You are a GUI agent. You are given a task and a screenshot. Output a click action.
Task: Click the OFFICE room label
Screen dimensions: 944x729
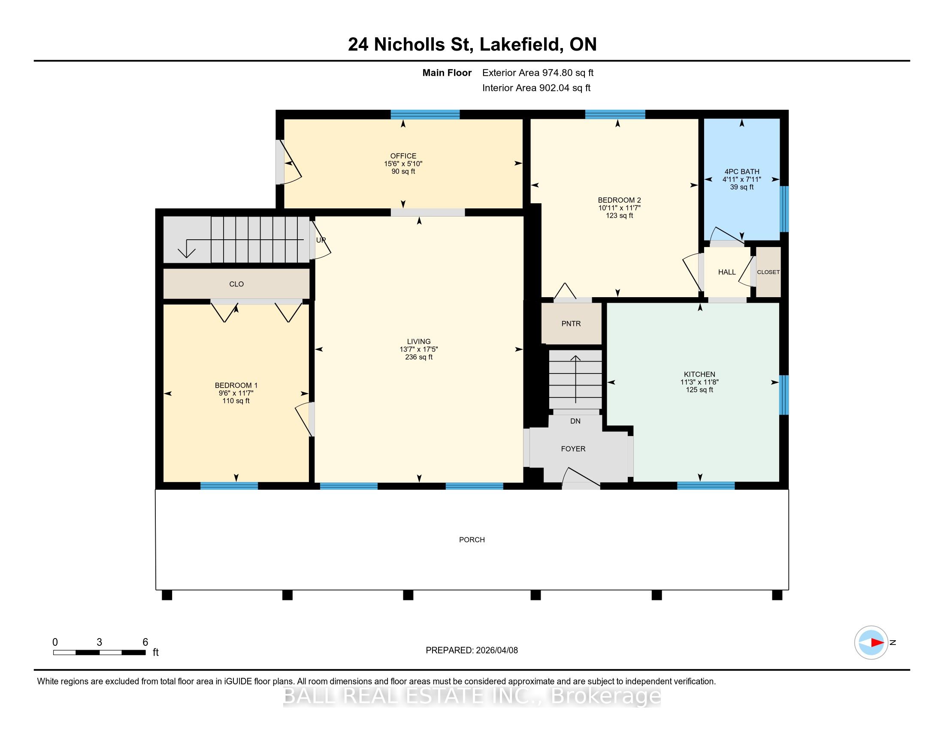pyautogui.click(x=403, y=156)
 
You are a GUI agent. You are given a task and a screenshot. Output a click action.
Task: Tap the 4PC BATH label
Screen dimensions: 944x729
pyautogui.click(x=742, y=172)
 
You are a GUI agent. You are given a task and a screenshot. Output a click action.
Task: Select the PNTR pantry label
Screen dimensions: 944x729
pyautogui.click(x=571, y=323)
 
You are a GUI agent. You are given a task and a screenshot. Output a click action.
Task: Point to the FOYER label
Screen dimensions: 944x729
pyautogui.click(x=573, y=449)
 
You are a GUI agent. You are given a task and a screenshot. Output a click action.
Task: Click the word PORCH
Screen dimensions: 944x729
pyautogui.click(x=472, y=539)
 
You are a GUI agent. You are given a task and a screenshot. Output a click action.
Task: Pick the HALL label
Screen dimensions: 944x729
pyautogui.click(x=726, y=272)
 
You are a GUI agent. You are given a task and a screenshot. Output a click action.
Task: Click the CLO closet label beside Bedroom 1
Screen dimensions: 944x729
pyautogui.click(x=236, y=284)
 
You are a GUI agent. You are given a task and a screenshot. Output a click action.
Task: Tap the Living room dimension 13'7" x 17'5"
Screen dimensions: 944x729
pyautogui.click(x=419, y=349)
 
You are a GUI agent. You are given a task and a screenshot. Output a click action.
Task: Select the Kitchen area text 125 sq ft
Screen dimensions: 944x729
pyautogui.click(x=699, y=389)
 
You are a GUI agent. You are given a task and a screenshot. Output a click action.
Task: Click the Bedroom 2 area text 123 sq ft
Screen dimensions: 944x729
pyautogui.click(x=619, y=215)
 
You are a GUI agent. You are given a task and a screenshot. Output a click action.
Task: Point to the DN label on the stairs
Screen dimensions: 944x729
pyautogui.click(x=575, y=421)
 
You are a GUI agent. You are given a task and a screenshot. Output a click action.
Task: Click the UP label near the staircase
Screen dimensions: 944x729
pyautogui.click(x=321, y=240)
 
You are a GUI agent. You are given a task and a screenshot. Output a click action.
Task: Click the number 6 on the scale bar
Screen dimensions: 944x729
pyautogui.click(x=145, y=642)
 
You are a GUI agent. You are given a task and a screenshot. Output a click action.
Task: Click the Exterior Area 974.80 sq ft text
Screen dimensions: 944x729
pyautogui.click(x=538, y=72)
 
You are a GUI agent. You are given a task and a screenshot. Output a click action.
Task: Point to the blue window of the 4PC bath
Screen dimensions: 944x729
pyautogui.click(x=784, y=209)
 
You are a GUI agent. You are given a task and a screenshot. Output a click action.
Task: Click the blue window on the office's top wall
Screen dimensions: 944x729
pyautogui.click(x=425, y=114)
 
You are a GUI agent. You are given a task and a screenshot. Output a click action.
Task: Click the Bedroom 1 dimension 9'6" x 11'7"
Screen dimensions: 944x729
pyautogui.click(x=236, y=393)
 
